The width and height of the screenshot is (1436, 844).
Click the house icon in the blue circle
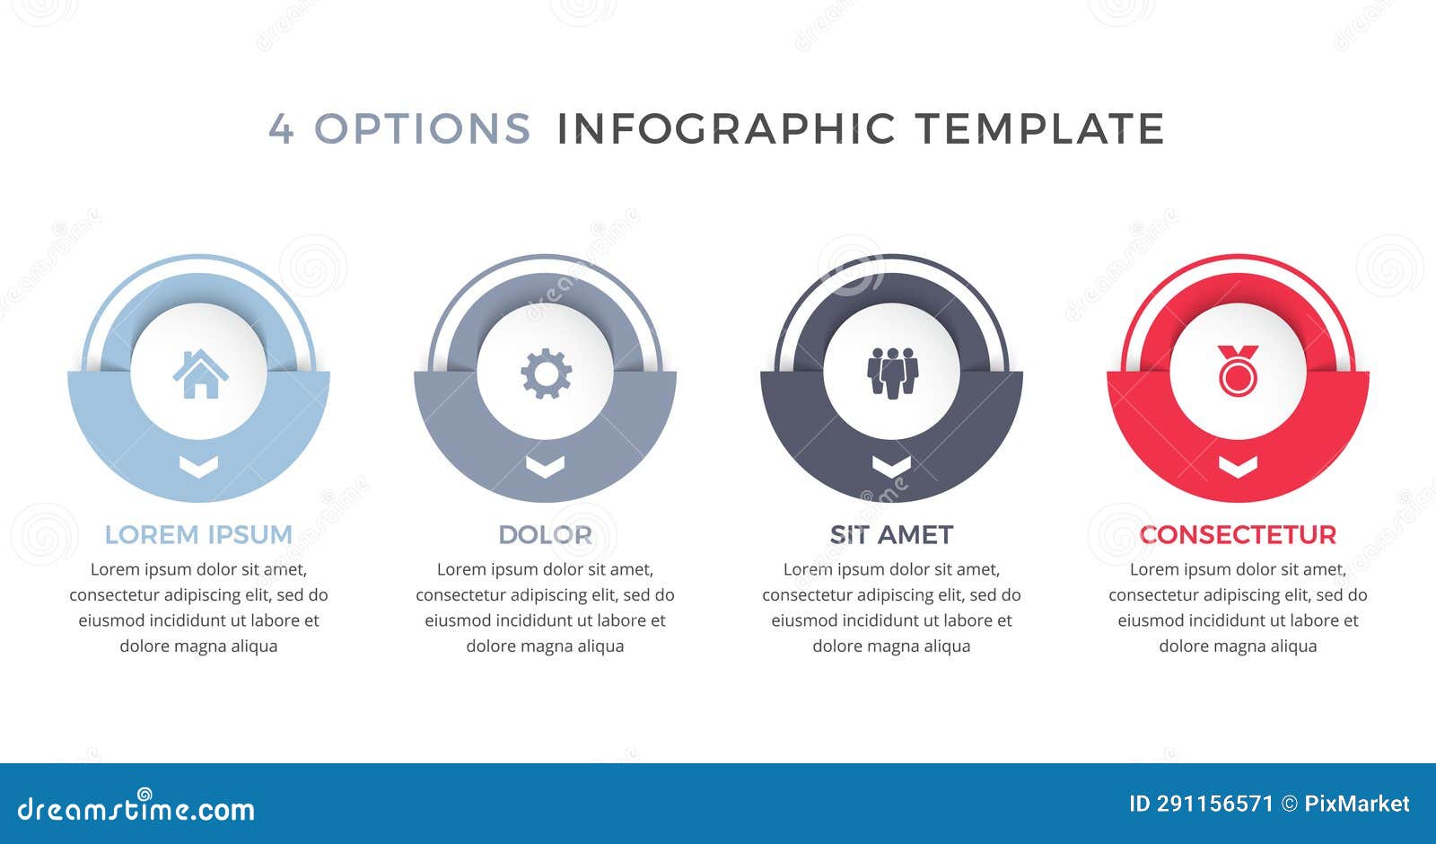tap(200, 374)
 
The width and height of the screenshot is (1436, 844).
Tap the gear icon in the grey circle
tap(546, 374)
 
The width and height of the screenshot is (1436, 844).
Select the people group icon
tap(892, 372)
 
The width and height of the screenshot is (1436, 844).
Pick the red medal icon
tap(1238, 370)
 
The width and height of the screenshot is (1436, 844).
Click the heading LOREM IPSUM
tap(198, 534)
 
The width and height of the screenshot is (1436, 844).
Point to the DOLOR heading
tap(545, 534)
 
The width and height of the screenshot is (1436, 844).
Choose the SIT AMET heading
tap(891, 534)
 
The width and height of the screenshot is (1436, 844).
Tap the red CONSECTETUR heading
tap(1238, 534)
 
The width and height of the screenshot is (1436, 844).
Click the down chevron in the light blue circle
tap(199, 465)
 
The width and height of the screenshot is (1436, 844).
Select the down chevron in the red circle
tap(1238, 465)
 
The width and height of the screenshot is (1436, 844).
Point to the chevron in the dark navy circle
tap(891, 465)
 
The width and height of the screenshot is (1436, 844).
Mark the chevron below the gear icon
tap(545, 465)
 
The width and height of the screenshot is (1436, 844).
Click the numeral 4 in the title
tap(281, 129)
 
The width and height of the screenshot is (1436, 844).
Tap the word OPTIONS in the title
tap(422, 129)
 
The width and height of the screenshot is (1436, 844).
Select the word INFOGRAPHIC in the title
tap(726, 129)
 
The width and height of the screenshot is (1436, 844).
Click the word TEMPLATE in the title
tap(1040, 129)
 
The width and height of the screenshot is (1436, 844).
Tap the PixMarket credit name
tap(1356, 804)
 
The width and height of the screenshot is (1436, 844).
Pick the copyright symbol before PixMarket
tap(1289, 804)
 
